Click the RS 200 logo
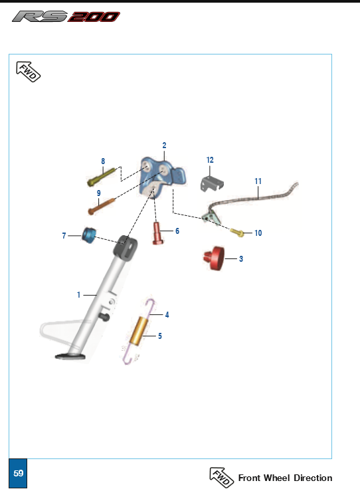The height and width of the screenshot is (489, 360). click(66, 16)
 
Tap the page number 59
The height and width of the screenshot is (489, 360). click(19, 473)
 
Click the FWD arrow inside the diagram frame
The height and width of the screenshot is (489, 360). click(28, 72)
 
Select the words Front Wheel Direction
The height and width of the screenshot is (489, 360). click(285, 478)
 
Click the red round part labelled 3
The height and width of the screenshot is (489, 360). click(214, 258)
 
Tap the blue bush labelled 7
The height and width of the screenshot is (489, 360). click(89, 235)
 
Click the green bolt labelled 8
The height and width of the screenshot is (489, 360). click(101, 177)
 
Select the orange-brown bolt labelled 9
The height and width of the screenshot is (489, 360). click(102, 206)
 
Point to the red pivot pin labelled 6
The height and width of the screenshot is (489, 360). click(158, 233)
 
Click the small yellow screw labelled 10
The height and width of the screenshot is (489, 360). click(237, 233)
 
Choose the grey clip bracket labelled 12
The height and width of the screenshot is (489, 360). click(212, 183)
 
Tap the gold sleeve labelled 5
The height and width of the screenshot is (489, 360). click(139, 330)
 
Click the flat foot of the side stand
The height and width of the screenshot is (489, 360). click(70, 356)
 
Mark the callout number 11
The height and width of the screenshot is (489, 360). click(258, 181)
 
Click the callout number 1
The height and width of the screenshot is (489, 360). click(78, 295)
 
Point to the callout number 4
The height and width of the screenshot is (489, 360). click(167, 315)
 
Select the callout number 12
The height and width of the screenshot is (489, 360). click(210, 160)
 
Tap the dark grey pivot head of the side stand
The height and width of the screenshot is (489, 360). click(126, 247)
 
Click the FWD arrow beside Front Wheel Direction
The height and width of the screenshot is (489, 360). click(222, 477)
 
